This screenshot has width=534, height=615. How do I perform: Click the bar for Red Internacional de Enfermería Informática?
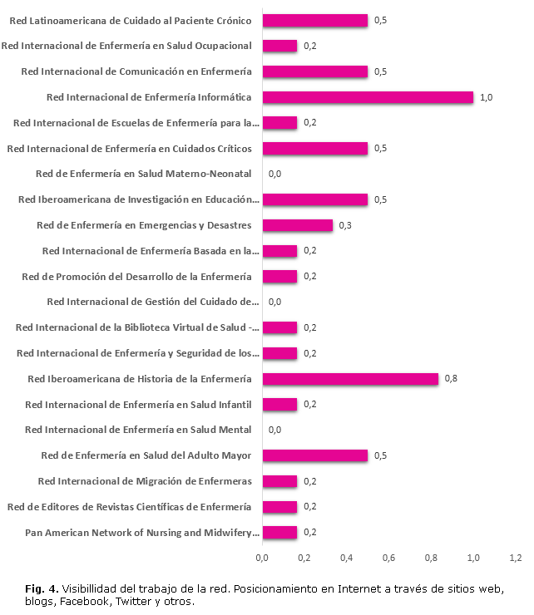coord(368,97)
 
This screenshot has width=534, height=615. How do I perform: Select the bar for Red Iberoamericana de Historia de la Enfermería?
coord(350,379)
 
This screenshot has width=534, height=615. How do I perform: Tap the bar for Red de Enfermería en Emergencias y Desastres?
coord(298,225)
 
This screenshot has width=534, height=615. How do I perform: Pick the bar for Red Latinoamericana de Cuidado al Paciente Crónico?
coord(315,20)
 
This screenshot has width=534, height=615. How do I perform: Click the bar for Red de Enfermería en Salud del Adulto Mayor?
coord(315,455)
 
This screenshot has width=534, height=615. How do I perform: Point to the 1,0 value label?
coord(487,97)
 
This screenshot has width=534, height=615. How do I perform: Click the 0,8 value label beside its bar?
coord(452,379)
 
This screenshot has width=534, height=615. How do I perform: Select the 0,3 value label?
coord(346,225)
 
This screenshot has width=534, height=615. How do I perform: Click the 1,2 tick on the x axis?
coord(516,557)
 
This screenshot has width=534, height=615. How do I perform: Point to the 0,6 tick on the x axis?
coord(389,557)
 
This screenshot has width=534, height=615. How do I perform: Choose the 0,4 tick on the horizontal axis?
coord(347,557)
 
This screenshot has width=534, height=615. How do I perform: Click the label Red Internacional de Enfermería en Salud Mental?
coord(138,430)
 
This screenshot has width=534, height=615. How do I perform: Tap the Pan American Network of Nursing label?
coord(142,533)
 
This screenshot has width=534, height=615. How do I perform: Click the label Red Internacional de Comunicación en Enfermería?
coord(136,71)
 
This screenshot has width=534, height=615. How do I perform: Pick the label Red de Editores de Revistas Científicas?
coord(129,507)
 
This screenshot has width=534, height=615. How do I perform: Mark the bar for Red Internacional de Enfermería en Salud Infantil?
coord(279,405)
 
